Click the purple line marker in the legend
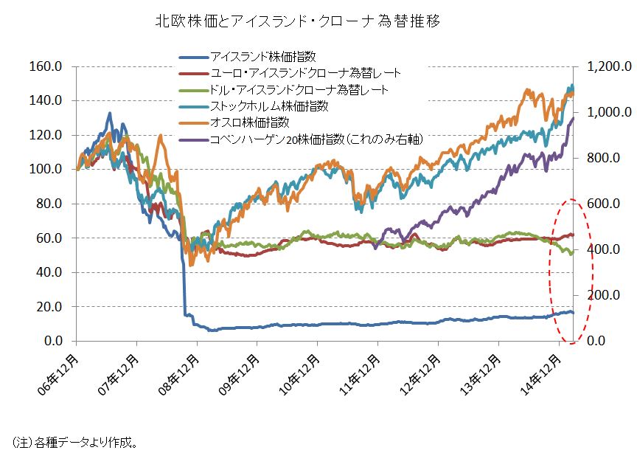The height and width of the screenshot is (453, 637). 192,139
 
